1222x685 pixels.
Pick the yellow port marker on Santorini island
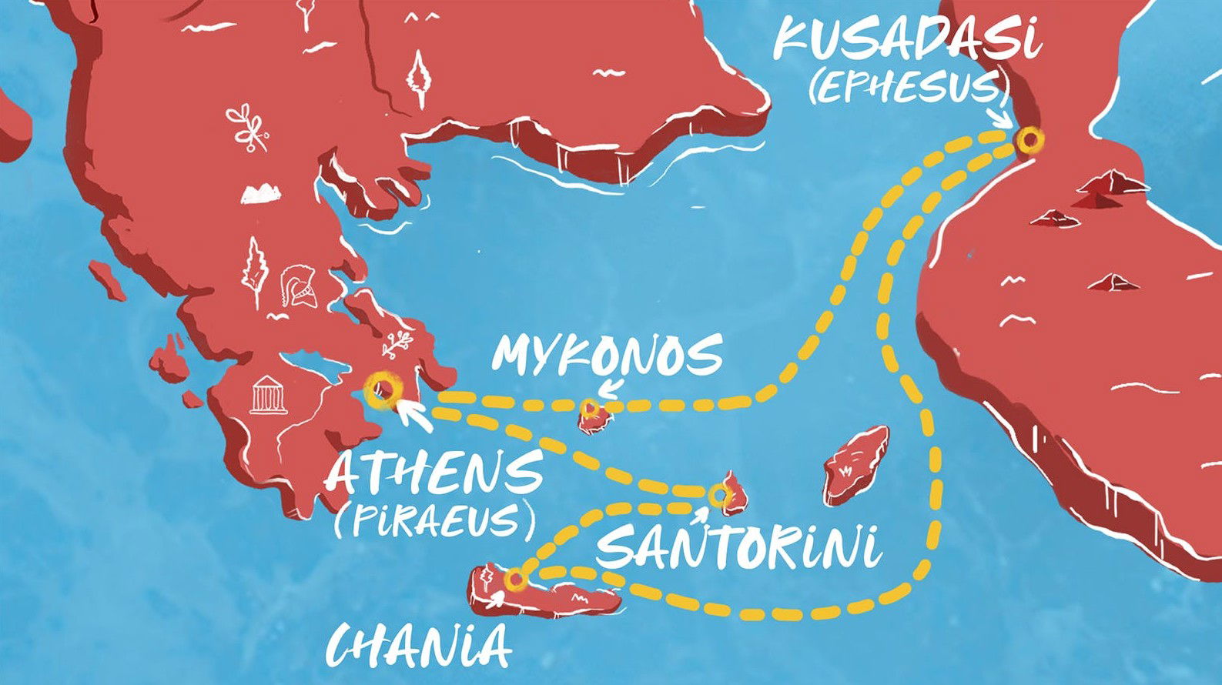coord(719,495)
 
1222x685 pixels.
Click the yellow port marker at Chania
coord(515,578)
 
